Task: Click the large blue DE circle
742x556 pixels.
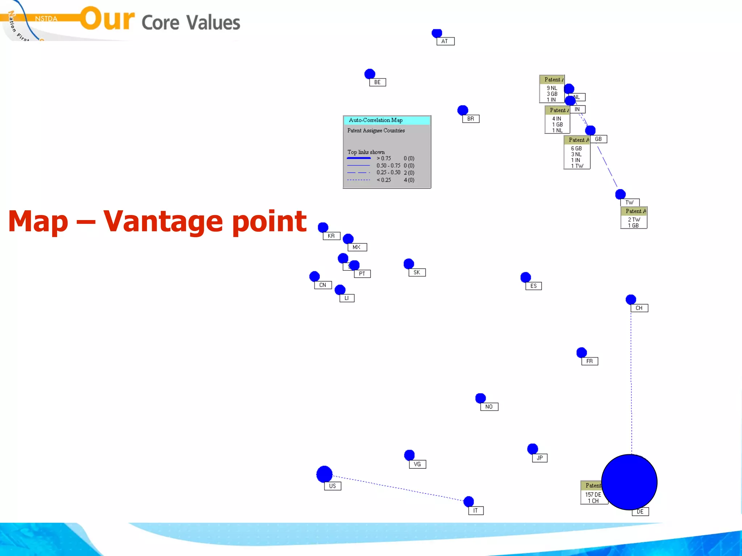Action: [x=629, y=482]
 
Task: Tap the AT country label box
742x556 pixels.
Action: [x=445, y=41]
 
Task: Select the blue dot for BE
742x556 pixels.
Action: [x=370, y=74]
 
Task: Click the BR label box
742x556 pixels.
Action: [x=471, y=119]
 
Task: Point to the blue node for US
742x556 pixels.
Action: [x=324, y=474]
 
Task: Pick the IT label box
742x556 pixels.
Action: [x=476, y=511]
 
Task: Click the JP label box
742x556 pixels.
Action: [x=540, y=458]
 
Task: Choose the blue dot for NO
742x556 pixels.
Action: [x=480, y=398]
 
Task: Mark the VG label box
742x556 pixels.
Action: [x=417, y=464]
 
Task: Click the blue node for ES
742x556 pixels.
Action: [x=525, y=277]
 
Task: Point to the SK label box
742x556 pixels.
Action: [x=417, y=273]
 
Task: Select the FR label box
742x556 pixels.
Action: [x=589, y=361]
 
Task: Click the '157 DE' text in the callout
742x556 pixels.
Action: [x=593, y=494]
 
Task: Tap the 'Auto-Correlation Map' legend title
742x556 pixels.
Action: [x=376, y=120]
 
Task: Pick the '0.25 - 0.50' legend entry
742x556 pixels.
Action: [x=388, y=173]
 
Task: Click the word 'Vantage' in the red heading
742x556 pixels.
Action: [x=163, y=222]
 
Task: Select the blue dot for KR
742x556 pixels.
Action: [x=323, y=227]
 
